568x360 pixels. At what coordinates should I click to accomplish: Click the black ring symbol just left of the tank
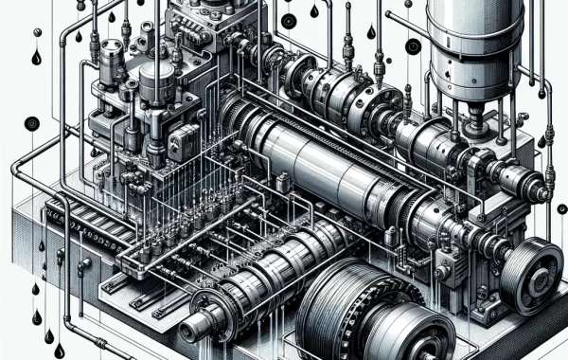413,45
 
